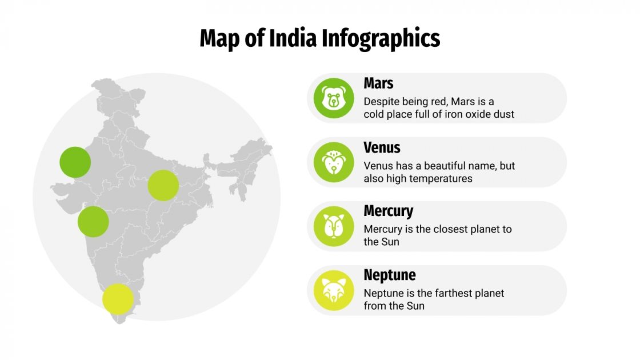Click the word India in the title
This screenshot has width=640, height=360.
tap(294, 38)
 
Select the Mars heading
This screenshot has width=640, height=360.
tap(378, 83)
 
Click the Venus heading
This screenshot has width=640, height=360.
tap(382, 147)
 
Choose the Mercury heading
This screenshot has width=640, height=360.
tap(388, 211)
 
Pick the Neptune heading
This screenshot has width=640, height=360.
tap(389, 275)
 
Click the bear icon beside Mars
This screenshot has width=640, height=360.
tap(334, 98)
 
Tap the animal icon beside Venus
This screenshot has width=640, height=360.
tap(334, 162)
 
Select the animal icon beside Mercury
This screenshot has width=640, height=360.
tap(334, 226)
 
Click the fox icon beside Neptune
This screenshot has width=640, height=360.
tap(334, 290)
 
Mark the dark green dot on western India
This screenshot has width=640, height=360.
tap(75, 162)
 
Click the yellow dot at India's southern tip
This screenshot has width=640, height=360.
tap(118, 298)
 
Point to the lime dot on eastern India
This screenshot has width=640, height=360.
tap(163, 185)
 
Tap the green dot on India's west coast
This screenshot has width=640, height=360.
tap(93, 222)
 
